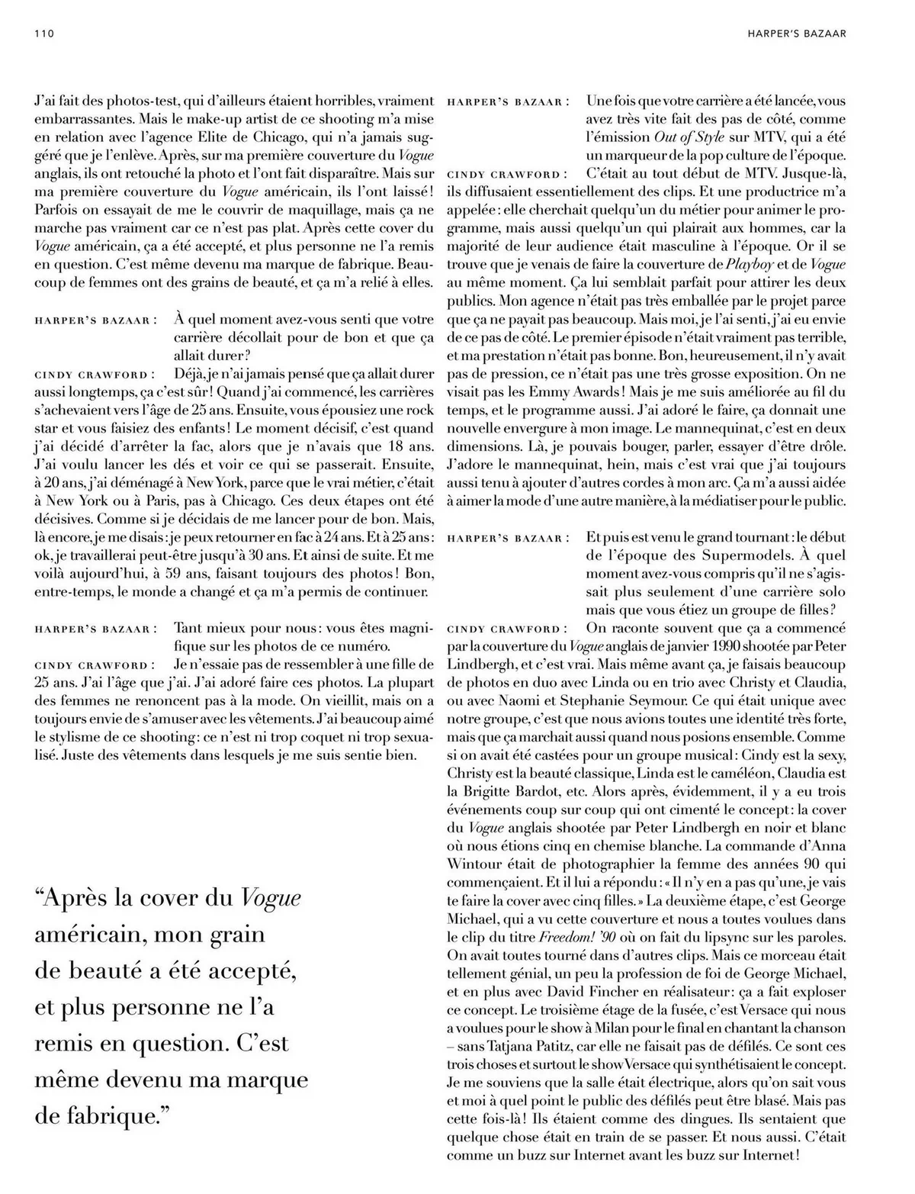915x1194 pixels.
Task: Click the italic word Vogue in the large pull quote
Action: point(271,898)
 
